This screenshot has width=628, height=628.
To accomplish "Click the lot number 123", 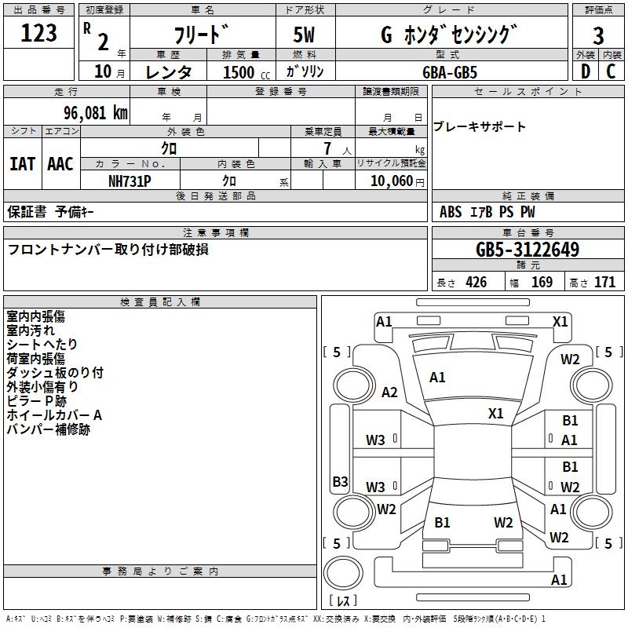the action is (x=39, y=33).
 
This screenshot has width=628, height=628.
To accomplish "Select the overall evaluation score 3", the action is (x=598, y=36).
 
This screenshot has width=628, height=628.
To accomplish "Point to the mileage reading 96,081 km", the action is (x=89, y=112).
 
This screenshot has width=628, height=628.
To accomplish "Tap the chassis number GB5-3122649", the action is (x=528, y=250).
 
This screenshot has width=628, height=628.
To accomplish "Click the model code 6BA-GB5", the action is (x=460, y=71).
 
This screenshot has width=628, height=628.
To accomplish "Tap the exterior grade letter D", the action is (x=584, y=71).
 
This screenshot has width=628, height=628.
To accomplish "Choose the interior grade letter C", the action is (x=611, y=71).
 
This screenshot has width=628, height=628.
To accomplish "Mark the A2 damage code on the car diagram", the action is (x=389, y=392).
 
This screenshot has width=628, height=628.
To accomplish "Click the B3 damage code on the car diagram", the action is (x=340, y=481).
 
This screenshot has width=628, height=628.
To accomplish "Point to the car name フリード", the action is (x=201, y=35).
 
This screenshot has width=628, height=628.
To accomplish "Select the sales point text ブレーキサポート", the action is (x=480, y=127).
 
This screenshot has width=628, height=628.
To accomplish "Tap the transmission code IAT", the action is (x=22, y=164).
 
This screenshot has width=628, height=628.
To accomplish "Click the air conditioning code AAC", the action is (x=60, y=164).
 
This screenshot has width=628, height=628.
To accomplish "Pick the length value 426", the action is (x=476, y=283).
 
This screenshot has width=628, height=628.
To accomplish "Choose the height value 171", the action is (x=604, y=283).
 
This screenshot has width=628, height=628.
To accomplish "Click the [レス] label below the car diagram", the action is (x=344, y=601).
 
